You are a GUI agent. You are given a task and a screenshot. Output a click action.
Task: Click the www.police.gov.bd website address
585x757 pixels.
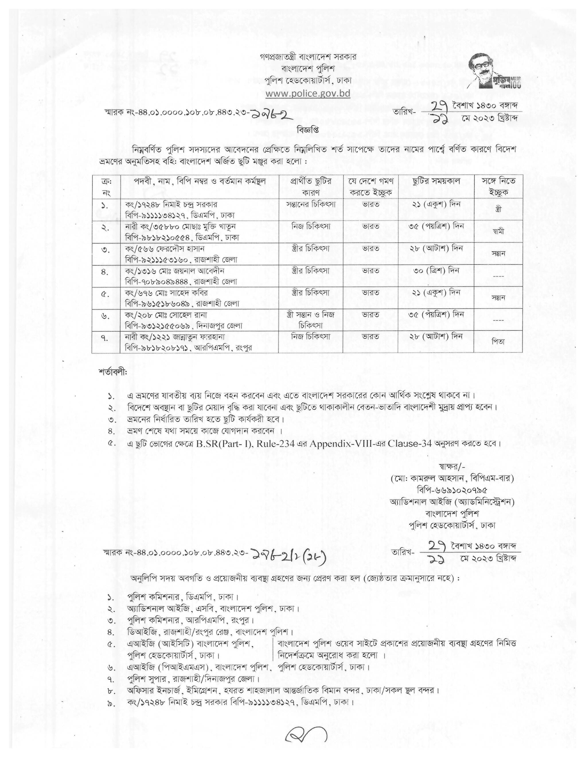tap(308, 93)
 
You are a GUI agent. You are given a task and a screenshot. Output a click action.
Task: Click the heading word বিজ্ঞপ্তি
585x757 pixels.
tap(307, 129)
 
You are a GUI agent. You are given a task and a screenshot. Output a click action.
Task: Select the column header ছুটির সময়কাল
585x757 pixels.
tap(436, 181)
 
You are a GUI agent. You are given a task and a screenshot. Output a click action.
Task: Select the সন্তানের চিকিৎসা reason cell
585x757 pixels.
tap(311, 204)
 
